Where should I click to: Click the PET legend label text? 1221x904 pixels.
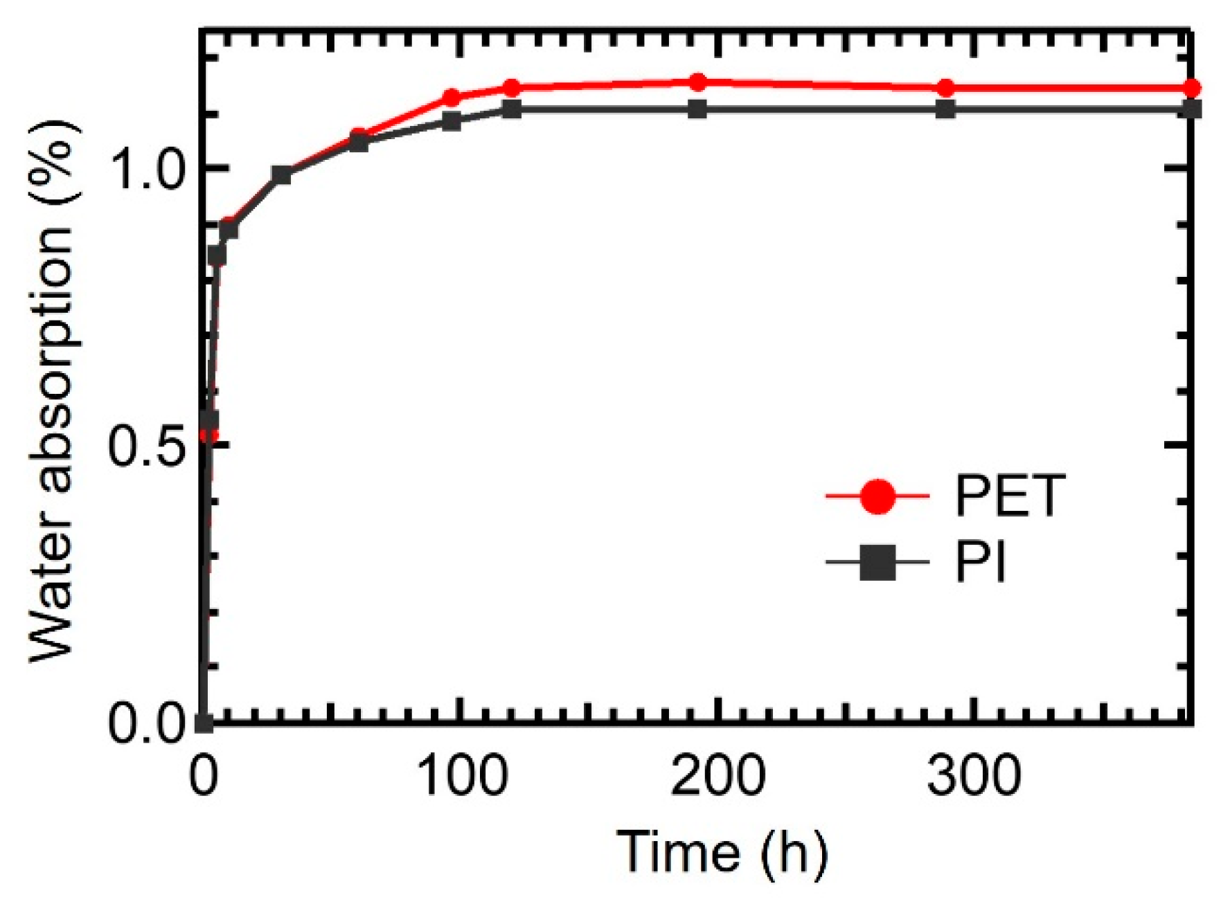click(x=1008, y=496)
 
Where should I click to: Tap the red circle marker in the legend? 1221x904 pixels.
click(x=877, y=496)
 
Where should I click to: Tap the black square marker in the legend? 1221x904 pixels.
click(x=877, y=562)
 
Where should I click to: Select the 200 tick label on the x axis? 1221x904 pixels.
click(x=718, y=775)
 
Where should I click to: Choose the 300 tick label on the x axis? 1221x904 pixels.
click(x=973, y=775)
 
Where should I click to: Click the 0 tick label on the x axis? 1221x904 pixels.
click(x=204, y=775)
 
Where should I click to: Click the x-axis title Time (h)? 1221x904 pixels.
click(x=722, y=851)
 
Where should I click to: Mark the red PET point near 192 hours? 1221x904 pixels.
click(x=697, y=82)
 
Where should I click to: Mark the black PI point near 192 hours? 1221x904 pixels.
click(x=697, y=109)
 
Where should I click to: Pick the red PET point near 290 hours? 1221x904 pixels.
click(x=945, y=88)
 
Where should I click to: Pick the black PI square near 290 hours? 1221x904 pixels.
click(x=945, y=109)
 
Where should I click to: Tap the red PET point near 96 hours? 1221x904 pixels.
click(x=452, y=97)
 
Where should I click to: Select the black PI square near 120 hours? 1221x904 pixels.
click(x=512, y=109)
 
